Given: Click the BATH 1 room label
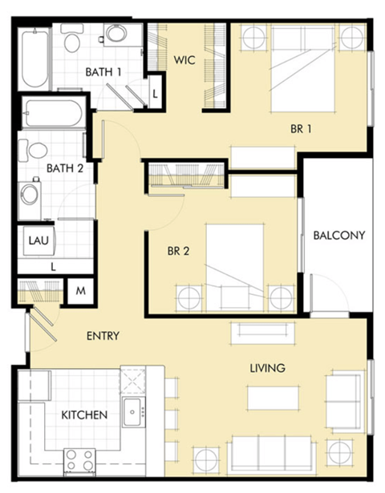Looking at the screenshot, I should click(103, 72).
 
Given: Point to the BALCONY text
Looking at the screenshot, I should click(338, 236).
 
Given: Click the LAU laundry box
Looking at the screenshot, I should click(37, 240).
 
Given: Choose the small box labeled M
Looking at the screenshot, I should click(80, 291).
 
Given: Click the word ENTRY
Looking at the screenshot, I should click(103, 336).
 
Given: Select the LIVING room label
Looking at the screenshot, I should click(267, 368).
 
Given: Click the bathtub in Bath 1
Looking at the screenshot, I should click(34, 59).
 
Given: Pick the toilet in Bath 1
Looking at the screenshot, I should click(73, 39).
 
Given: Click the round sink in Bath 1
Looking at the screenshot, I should click(116, 34).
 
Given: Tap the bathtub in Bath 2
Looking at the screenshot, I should click(53, 113).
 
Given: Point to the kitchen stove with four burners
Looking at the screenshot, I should click(79, 460).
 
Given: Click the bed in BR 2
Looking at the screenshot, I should click(235, 266).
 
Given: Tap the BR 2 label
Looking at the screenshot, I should click(178, 251).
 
